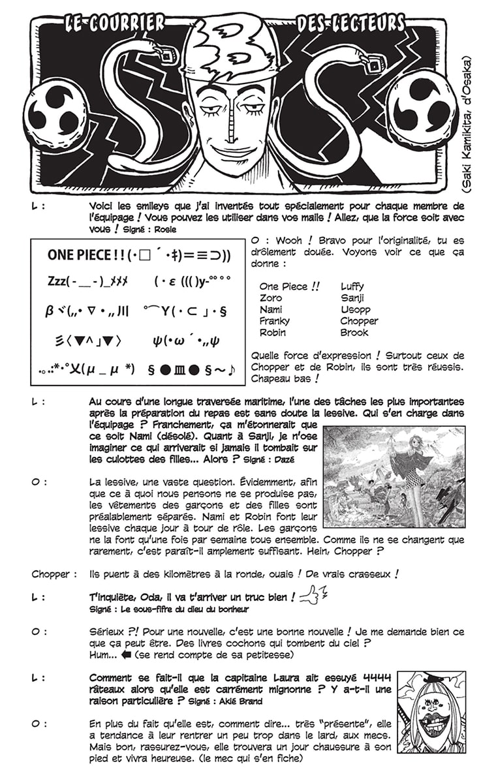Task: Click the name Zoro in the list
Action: coord(270,298)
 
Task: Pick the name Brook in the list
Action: coord(354,332)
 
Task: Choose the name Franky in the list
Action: coord(274,321)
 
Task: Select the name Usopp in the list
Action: coord(355,309)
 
